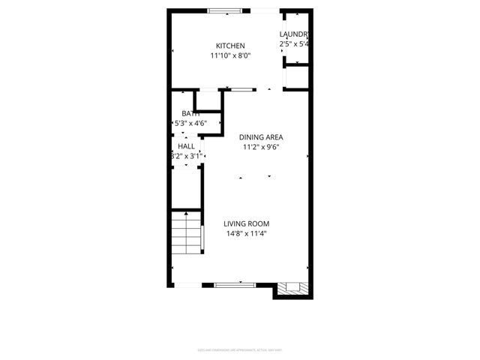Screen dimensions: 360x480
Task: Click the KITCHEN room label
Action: coord(230,46)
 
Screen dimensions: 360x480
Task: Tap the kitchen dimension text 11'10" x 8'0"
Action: coord(230,55)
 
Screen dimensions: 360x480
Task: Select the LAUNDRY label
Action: coord(294,34)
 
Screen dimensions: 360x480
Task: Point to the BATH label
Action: coord(190,113)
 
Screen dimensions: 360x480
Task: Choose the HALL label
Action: coord(186,146)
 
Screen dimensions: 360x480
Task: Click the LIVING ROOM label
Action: coord(246,223)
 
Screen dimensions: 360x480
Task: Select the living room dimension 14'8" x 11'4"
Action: coord(246,233)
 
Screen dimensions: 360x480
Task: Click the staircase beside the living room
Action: coord(186,234)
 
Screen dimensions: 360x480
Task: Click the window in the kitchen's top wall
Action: coord(225,10)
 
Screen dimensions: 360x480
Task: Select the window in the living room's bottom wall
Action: coord(235,285)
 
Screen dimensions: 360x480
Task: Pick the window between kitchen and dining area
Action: coord(241,89)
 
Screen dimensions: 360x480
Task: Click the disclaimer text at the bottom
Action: coord(240,349)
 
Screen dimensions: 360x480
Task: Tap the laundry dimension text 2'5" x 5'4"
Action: coord(294,44)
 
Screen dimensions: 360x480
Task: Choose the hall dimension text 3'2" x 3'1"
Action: coord(184,156)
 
